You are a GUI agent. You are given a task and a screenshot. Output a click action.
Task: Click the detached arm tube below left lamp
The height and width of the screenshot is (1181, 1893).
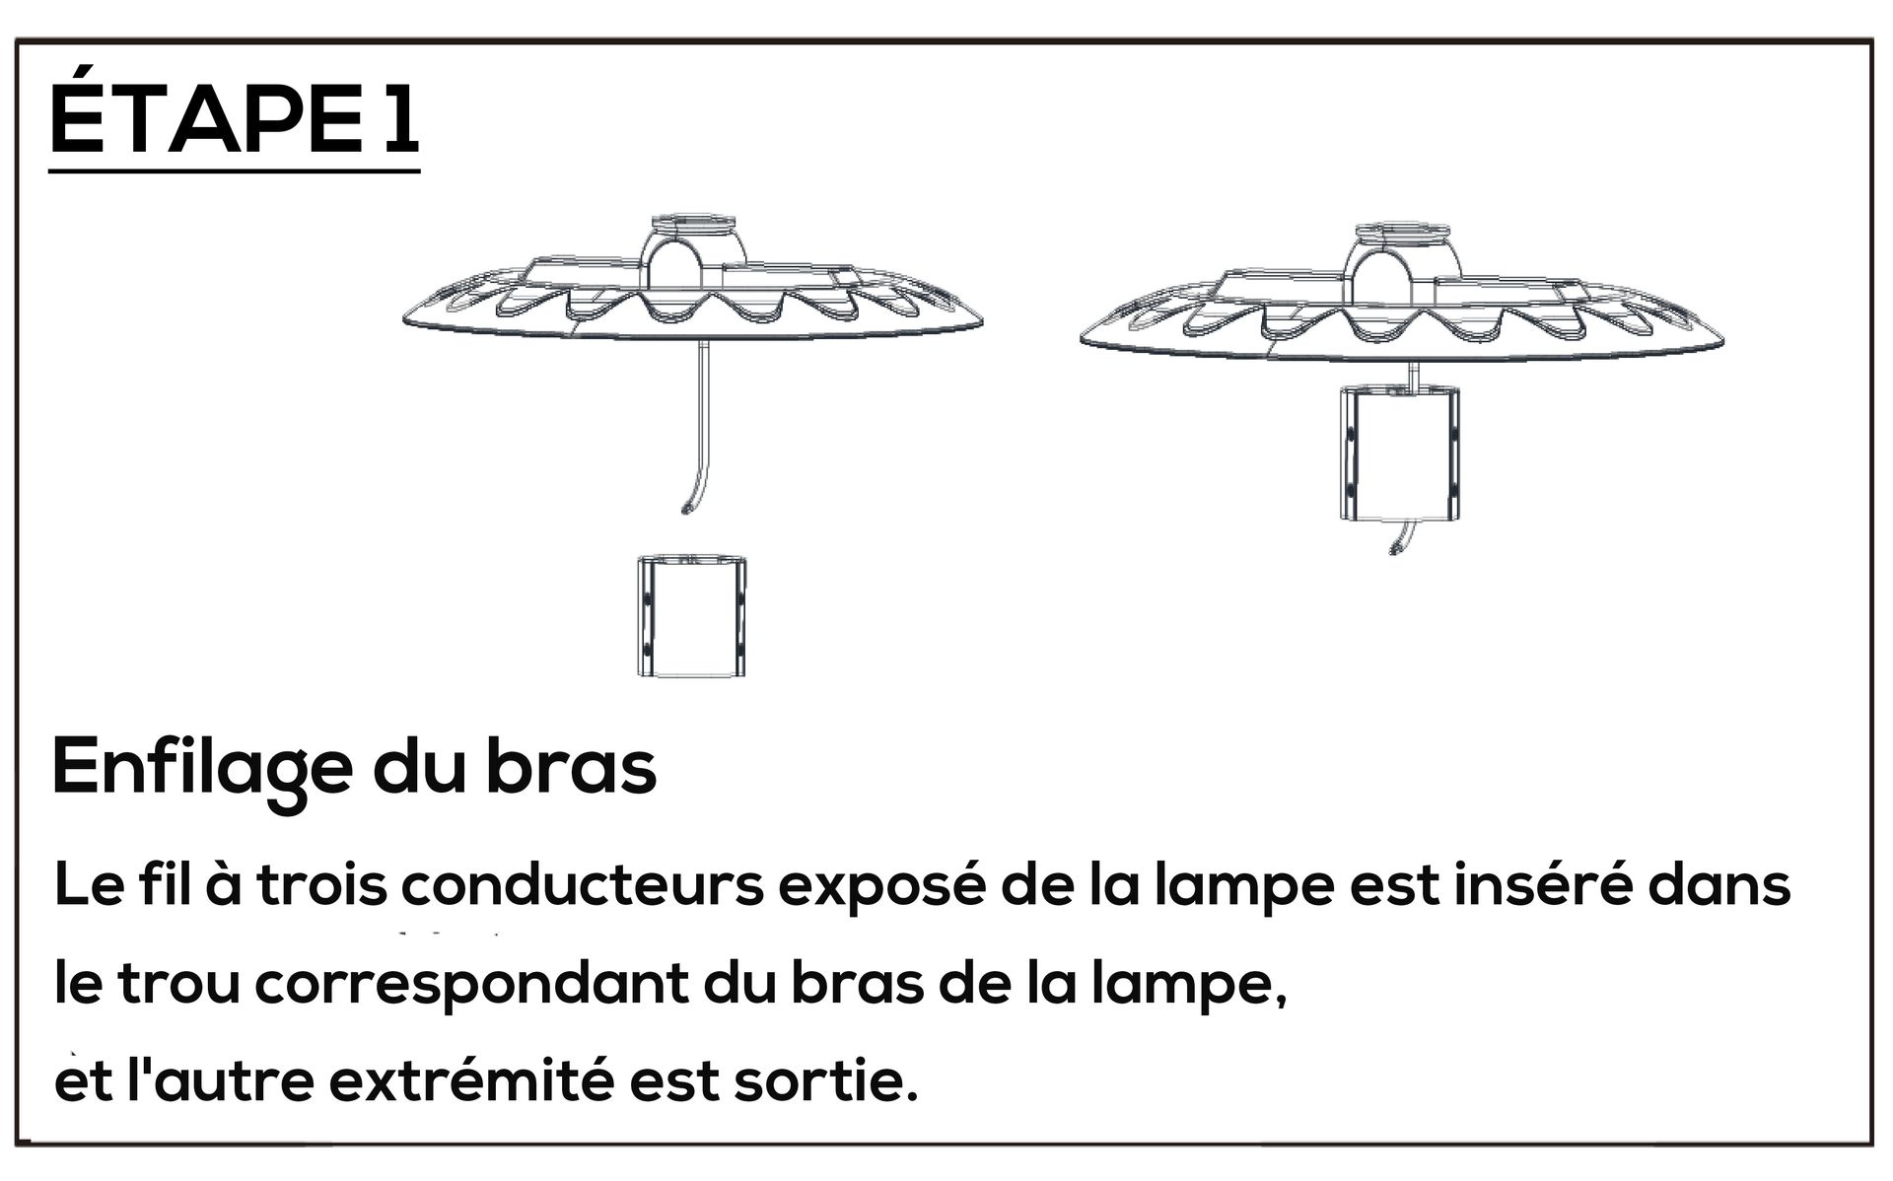pos(691,617)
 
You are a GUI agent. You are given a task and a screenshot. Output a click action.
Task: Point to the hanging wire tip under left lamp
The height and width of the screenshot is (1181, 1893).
pos(684,509)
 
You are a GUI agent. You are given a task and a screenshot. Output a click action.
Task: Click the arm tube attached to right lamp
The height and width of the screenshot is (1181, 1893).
pos(1399,452)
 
